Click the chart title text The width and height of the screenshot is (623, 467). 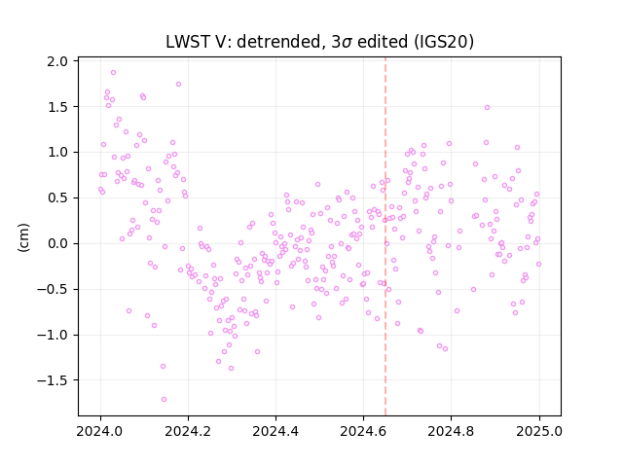point(319,42)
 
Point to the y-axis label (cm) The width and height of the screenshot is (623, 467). point(23,237)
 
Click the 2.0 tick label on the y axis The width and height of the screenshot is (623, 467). point(57,61)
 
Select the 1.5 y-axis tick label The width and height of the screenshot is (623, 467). point(57,107)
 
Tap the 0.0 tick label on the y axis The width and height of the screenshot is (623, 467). point(57,243)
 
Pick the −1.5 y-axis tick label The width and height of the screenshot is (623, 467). point(53,380)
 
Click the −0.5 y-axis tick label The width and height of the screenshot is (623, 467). point(53,289)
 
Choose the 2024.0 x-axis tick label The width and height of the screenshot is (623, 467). point(100,431)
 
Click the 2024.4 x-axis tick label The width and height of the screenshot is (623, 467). point(275,431)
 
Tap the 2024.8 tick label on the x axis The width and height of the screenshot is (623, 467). point(451,431)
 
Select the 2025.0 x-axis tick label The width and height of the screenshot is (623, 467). point(539,431)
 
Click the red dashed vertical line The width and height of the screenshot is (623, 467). point(385,236)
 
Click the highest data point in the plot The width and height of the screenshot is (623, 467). point(113,73)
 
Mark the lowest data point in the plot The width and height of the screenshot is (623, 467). point(164,400)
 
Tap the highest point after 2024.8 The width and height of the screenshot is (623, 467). point(487,108)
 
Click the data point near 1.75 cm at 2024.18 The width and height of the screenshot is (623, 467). point(178,85)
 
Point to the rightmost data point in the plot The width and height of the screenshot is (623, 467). point(538,264)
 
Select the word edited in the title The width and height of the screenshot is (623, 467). point(383,42)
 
